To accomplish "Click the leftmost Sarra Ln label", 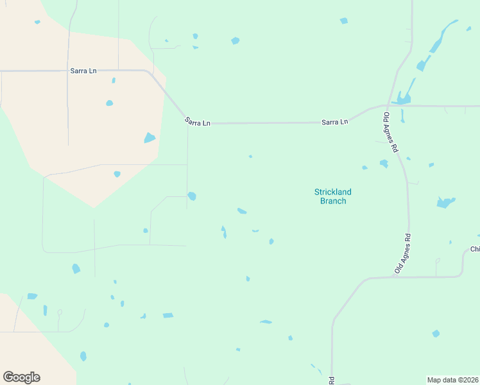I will click(x=83, y=71).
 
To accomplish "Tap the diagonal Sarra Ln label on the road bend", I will click(x=197, y=121).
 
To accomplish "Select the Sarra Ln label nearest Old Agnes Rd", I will click(x=334, y=121).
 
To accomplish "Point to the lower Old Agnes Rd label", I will click(x=402, y=254).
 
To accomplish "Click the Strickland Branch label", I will click(x=333, y=196).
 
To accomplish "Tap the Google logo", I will click(x=21, y=377).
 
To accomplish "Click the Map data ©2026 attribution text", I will click(x=453, y=379).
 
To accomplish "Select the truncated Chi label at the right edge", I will click(x=475, y=249).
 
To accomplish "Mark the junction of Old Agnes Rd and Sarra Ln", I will click(x=385, y=105).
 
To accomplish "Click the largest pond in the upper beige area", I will click(x=150, y=137).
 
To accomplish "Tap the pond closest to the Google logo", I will click(x=83, y=355).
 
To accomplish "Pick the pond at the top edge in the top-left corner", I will click(x=37, y=22).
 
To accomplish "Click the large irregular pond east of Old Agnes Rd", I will click(x=445, y=203).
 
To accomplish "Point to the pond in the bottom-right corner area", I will click(x=436, y=334).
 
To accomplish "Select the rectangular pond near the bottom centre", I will click(x=168, y=315).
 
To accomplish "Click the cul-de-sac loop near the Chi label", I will click(x=438, y=261).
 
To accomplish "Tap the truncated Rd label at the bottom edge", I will click(x=332, y=381).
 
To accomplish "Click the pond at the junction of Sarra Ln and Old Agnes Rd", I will click(x=403, y=98).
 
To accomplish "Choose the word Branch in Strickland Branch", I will click(x=333, y=201).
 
